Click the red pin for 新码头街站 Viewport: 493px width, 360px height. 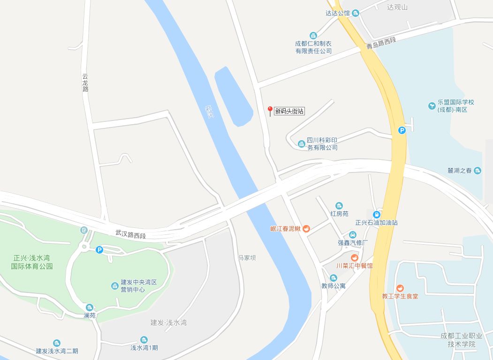270,111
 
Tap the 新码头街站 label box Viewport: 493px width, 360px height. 289,111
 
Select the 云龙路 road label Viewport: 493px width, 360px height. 85,82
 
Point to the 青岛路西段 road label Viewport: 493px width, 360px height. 381,43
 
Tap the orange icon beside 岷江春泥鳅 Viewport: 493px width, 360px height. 306,229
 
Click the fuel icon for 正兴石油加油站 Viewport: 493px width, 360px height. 376,215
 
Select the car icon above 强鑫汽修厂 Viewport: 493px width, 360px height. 353,234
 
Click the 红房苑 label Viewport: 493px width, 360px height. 339,214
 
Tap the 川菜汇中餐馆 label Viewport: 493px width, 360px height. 355,266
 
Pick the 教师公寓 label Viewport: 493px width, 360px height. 333,285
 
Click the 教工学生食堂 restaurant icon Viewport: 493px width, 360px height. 400,288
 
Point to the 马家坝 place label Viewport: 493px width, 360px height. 247,257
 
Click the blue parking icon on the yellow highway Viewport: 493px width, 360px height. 402,130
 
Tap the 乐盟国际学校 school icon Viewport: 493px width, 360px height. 432,106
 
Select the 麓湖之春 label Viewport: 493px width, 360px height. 459,171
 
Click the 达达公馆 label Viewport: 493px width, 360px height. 338,13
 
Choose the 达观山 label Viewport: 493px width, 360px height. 397,7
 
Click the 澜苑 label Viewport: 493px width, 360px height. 90,315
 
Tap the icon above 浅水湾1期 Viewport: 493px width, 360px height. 144,339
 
